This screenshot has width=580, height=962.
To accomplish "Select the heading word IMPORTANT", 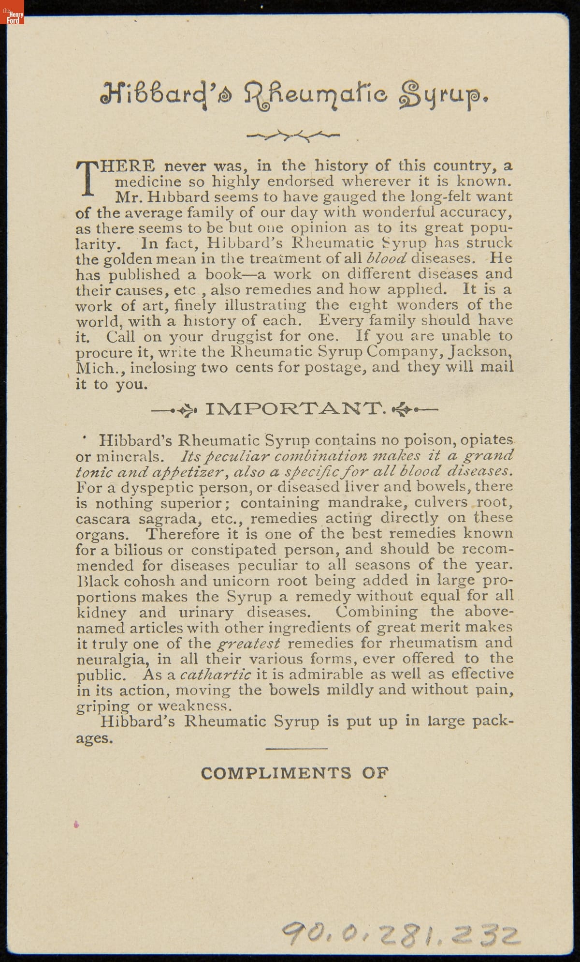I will click(295, 409).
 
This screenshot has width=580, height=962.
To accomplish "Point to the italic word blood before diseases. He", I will click(387, 258).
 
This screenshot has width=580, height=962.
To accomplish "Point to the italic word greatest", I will click(249, 643).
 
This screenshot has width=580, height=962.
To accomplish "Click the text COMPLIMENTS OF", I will click(294, 773).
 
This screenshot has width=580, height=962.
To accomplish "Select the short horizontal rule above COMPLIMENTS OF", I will click(297, 749).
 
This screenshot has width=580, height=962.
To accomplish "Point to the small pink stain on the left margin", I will click(76, 824).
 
